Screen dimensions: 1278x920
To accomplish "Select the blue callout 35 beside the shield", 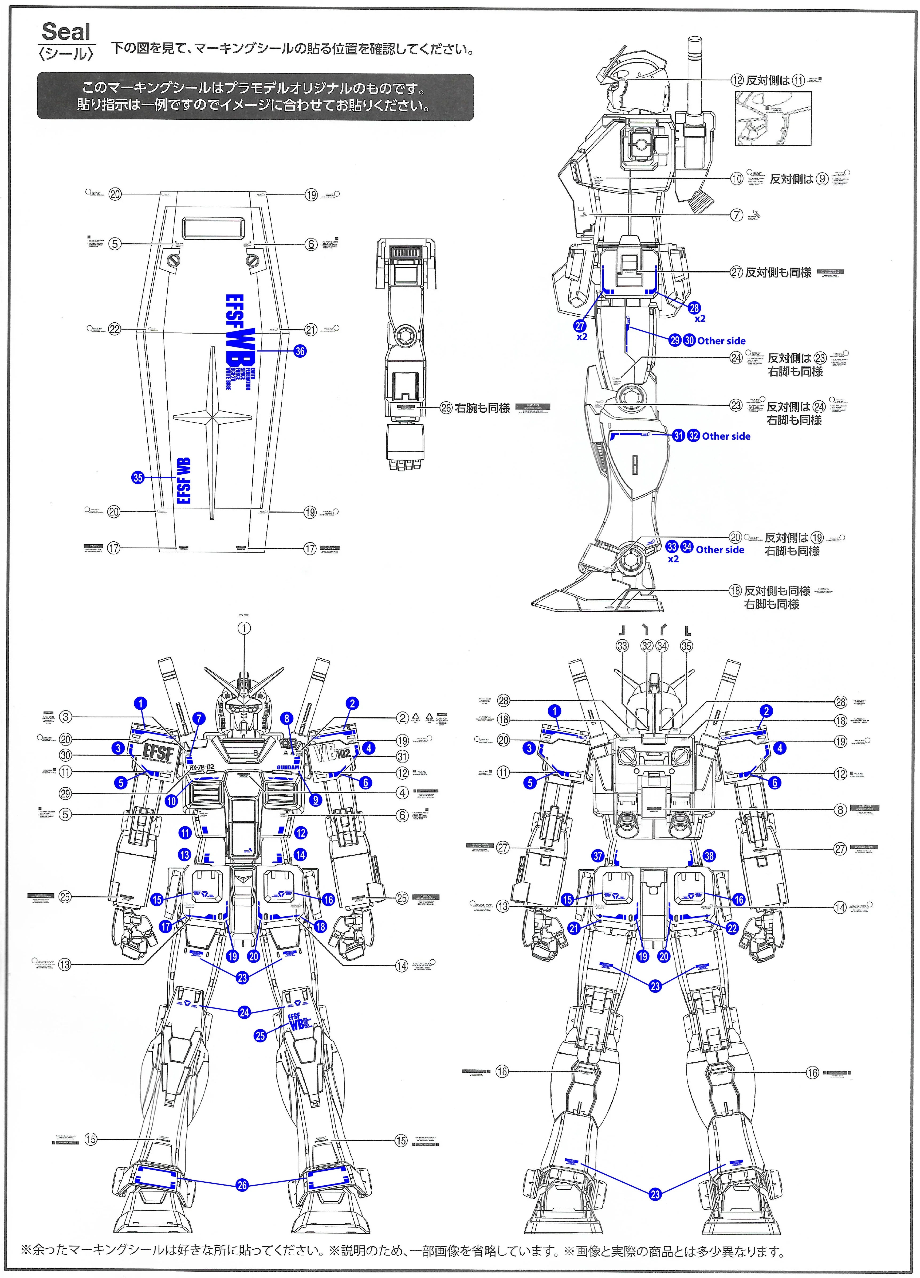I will (138, 478).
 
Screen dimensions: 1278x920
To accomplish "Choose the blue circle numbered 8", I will (287, 718).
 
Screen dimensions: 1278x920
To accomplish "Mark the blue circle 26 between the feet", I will (242, 1185).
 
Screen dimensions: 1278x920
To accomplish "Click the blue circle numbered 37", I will (598, 856).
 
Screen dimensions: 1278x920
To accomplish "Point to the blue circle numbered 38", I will (709, 856).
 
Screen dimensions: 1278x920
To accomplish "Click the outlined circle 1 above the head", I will (244, 628).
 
